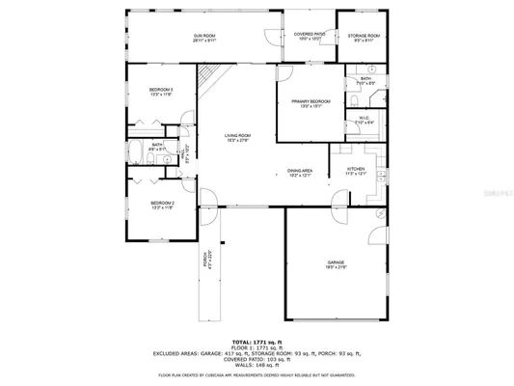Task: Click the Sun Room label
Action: [x=203, y=38]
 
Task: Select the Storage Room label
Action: [x=365, y=38]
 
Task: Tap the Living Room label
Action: [x=237, y=137]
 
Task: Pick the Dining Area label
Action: [x=301, y=173]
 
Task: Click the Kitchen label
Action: [x=357, y=173]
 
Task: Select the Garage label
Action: [x=336, y=263]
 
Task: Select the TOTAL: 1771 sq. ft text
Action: [x=257, y=342]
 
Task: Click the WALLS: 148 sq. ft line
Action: [x=257, y=364]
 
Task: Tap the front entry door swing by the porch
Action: [x=206, y=201]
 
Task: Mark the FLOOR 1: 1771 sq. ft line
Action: [x=257, y=347]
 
